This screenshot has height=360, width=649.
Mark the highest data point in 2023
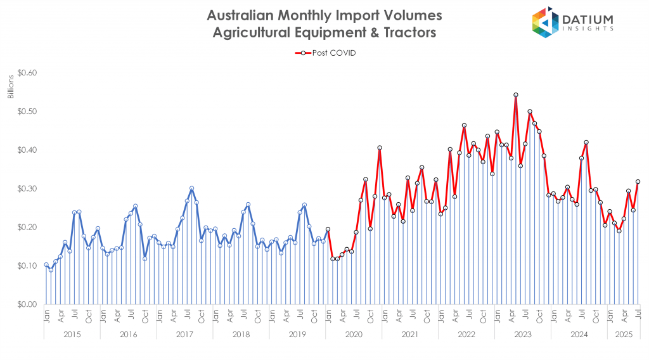516,95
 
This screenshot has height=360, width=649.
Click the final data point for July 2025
638,182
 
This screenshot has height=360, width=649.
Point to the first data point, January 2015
46,265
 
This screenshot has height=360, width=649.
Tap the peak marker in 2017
191,188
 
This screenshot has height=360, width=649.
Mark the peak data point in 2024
586,142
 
